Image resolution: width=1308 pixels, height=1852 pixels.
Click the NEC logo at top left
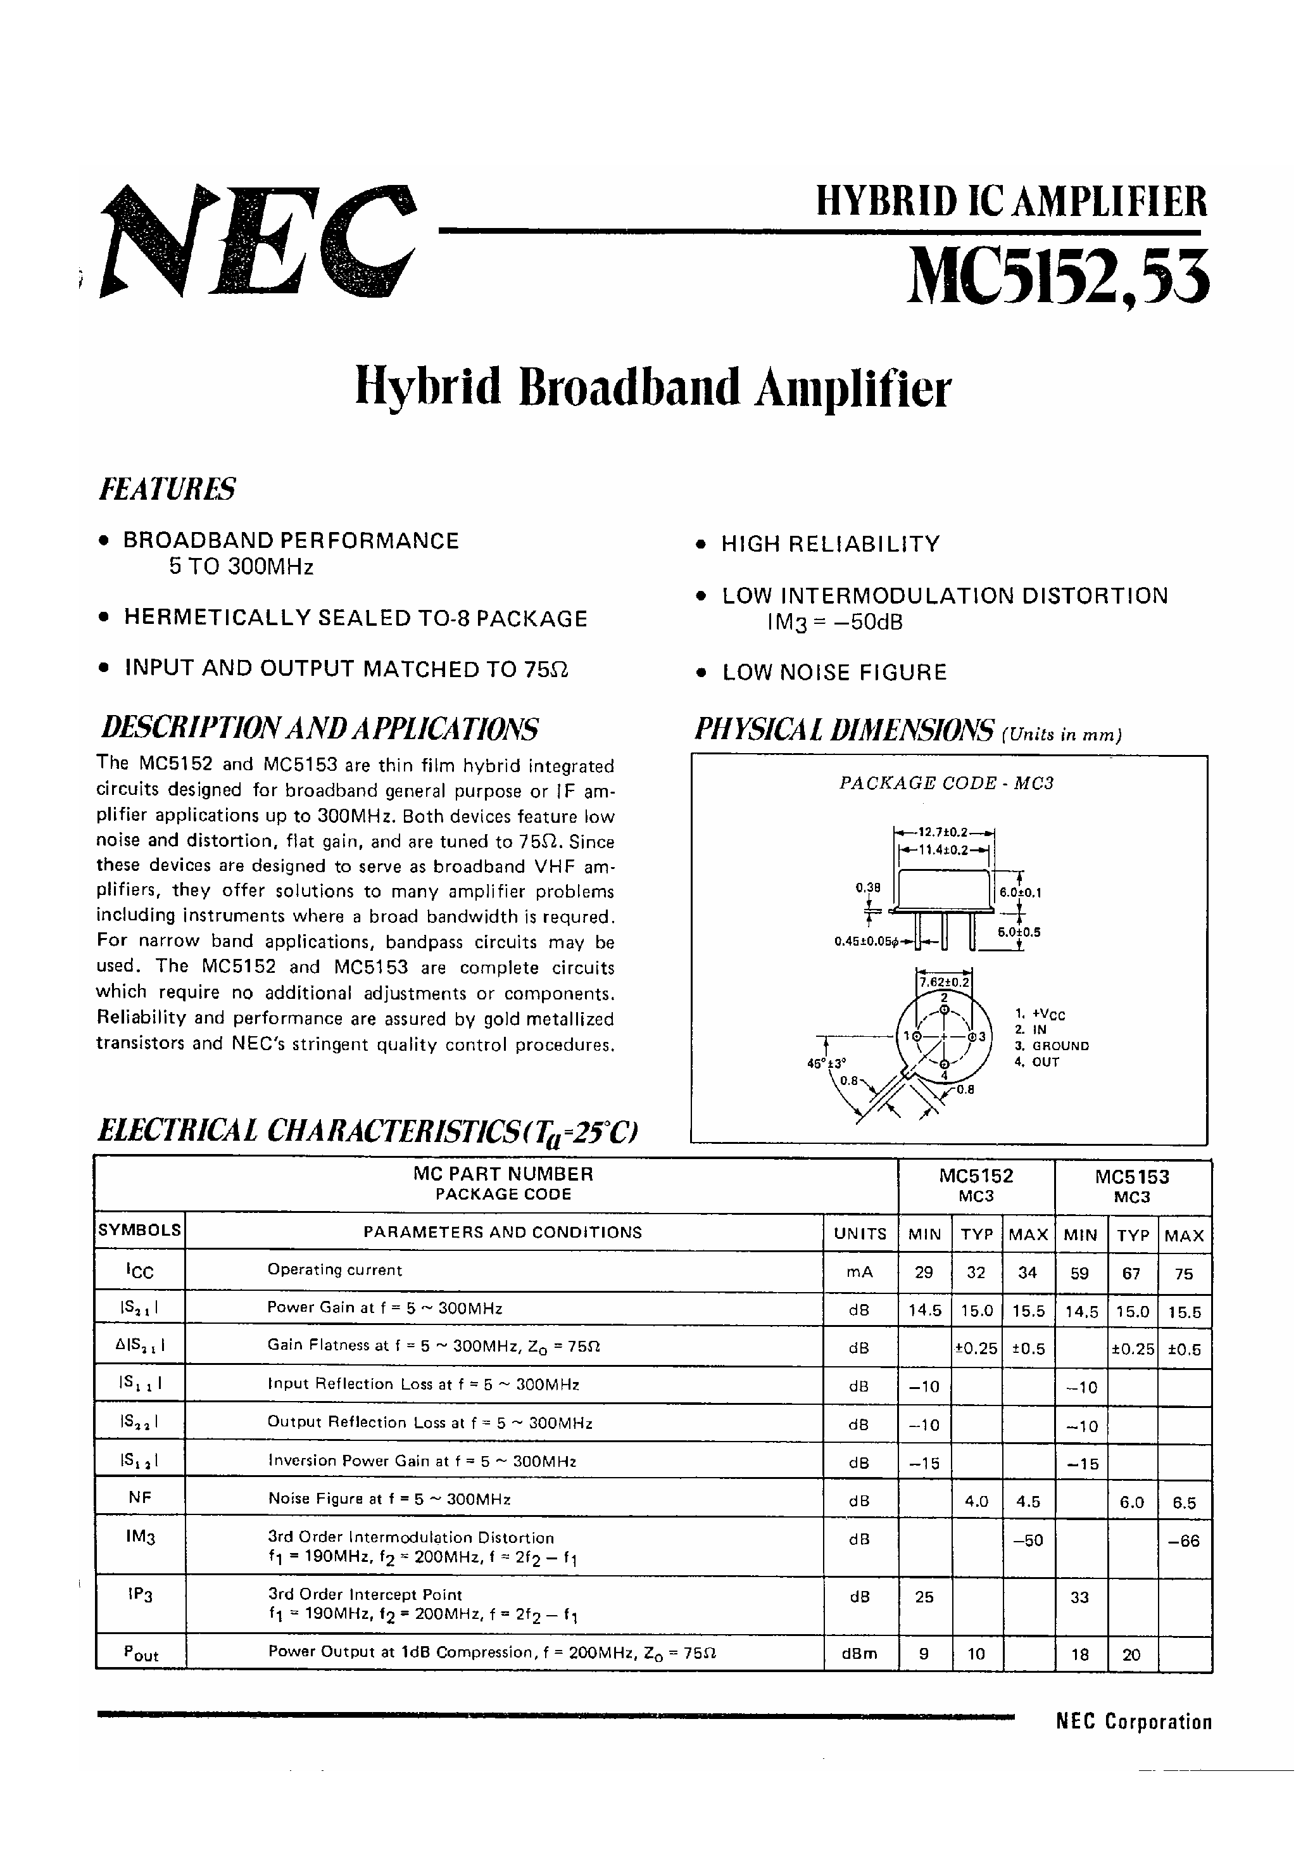[x=258, y=241]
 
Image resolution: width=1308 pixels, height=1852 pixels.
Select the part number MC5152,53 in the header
[x=1058, y=277]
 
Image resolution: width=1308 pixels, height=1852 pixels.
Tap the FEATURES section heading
[x=167, y=489]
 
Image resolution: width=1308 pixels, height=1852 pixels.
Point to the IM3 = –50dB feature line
[x=834, y=623]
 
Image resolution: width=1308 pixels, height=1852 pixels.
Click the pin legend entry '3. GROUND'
[x=1052, y=1045]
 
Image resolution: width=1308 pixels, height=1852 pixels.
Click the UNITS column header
[x=860, y=1233]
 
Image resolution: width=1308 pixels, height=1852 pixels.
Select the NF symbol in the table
[x=139, y=1498]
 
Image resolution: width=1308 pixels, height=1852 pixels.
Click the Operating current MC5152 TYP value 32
[x=976, y=1273]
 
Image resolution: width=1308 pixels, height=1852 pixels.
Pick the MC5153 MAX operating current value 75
[x=1184, y=1274]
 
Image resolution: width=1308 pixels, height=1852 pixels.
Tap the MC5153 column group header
[x=1132, y=1186]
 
